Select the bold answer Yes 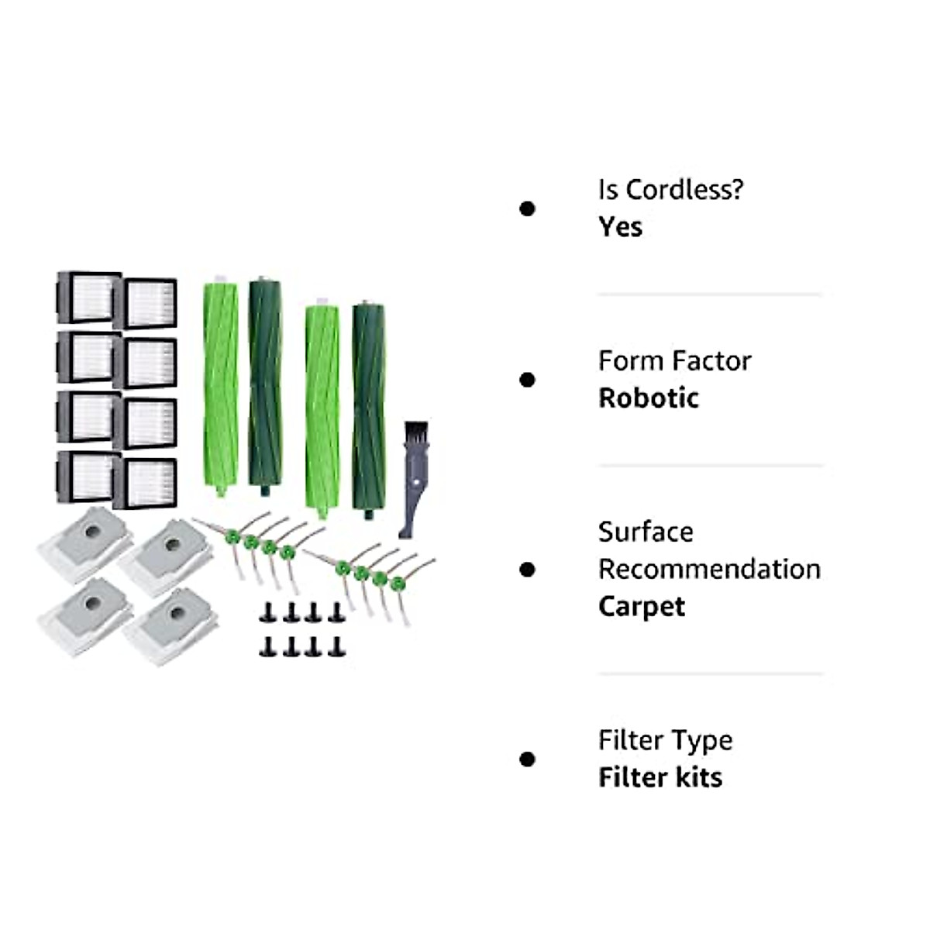coord(620,227)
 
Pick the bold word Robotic coord(649,398)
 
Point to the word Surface coord(646,532)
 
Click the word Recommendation coord(709,570)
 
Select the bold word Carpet coord(642,606)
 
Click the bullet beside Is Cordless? coord(528,208)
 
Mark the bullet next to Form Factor coord(528,380)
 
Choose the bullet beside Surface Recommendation coord(528,570)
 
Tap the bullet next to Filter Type coord(528,759)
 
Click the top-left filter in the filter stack coord(88,297)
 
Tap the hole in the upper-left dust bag coord(91,533)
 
